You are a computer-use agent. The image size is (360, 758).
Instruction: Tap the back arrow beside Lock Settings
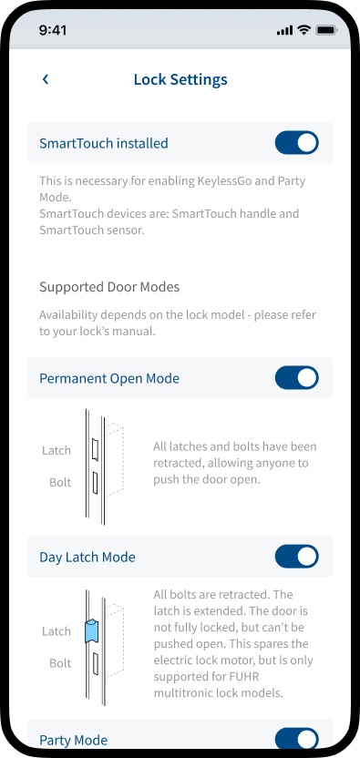46,79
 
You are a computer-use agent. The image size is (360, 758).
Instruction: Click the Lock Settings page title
180,80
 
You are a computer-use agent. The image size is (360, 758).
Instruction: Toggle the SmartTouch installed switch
296,143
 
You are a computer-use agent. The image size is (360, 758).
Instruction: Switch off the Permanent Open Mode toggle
296,377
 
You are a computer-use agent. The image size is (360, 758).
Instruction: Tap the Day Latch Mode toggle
296,557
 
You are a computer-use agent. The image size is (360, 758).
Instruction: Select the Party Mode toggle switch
296,740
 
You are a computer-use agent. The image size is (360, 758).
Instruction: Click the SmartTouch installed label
104,144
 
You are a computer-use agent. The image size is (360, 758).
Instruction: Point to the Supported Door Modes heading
109,287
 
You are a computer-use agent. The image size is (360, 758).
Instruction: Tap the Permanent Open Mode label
109,378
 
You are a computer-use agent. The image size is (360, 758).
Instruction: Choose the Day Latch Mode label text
87,558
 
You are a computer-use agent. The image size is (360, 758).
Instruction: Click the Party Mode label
74,740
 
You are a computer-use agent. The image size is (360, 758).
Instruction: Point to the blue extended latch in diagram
91,630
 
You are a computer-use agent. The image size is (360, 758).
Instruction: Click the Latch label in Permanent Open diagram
57,451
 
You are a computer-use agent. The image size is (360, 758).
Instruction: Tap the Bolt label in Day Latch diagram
60,663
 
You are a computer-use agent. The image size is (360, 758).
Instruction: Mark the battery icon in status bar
326,30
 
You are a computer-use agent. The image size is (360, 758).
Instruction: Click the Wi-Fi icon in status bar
303,30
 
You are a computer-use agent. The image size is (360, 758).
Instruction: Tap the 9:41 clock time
53,30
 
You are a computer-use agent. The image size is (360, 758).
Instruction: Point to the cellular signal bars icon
284,31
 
